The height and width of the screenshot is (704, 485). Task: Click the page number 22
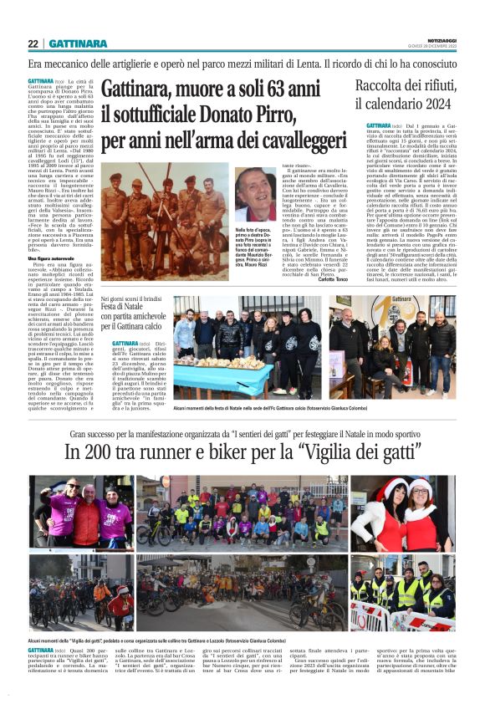click(33, 43)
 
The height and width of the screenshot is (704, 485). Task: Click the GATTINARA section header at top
click(78, 43)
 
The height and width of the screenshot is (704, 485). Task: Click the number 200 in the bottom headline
click(99, 451)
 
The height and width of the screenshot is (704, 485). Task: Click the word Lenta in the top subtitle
click(270, 63)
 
